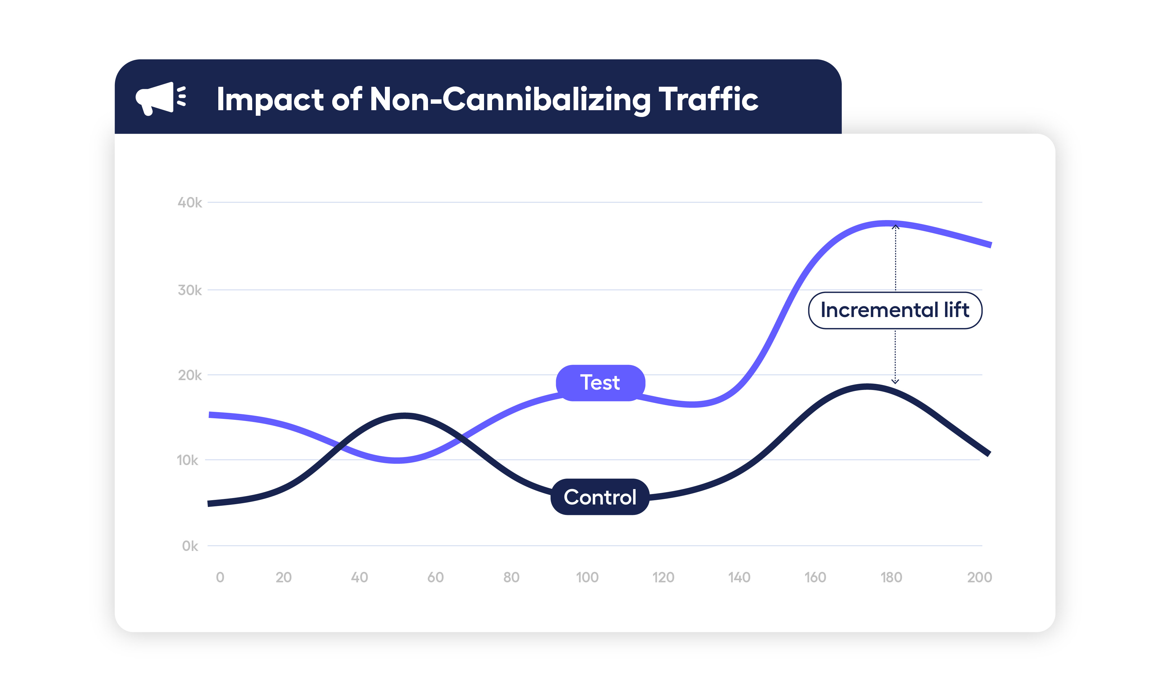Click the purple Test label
click(x=600, y=383)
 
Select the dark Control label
click(x=600, y=497)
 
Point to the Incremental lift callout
click(x=895, y=310)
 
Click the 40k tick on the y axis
click(x=189, y=203)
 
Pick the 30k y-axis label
click(x=189, y=290)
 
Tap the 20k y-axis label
click(x=189, y=376)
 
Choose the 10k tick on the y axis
click(x=188, y=460)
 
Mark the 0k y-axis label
click(x=190, y=546)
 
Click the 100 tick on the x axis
click(x=587, y=577)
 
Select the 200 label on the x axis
click(x=979, y=577)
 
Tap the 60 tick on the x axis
click(x=435, y=577)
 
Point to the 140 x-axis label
click(x=739, y=577)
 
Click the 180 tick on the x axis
click(x=891, y=577)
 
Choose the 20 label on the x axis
click(x=284, y=577)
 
